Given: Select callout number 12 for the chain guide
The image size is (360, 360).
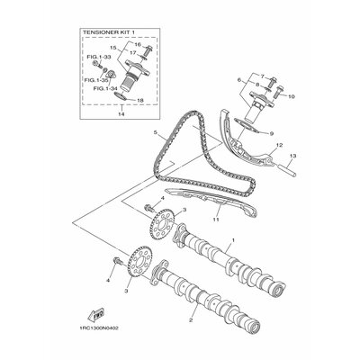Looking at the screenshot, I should pyautogui.click(x=281, y=144).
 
